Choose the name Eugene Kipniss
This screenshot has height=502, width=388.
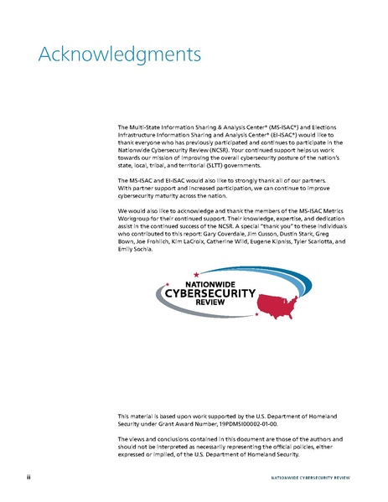(x=271, y=235)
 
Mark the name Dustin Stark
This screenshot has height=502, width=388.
(x=322, y=228)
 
